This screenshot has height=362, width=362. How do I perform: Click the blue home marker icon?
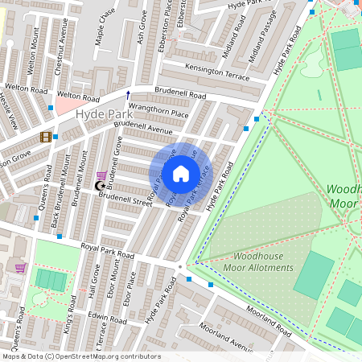[181, 173]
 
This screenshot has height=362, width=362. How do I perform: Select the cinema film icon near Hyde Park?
[46, 137]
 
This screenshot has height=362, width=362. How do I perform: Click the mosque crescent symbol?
[101, 187]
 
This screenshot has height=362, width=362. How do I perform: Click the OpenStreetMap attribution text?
[80, 356]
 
